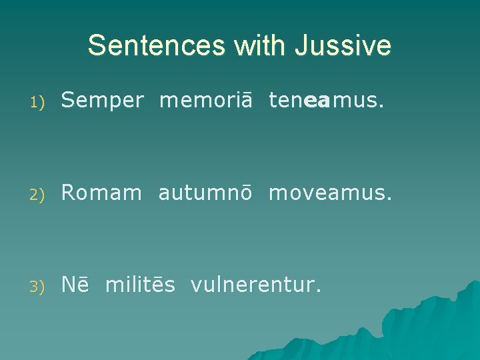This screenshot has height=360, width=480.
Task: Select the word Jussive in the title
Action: coord(343,45)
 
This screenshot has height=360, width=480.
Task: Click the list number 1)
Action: coord(37,102)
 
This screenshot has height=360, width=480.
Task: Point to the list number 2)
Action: coord(37,194)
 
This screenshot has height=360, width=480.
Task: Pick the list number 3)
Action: coord(37,286)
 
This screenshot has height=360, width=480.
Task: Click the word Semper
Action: coord(102,101)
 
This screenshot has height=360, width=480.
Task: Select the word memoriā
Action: coord(206,100)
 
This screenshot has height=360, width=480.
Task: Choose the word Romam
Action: coord(101,193)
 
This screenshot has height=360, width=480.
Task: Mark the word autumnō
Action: coord(205,193)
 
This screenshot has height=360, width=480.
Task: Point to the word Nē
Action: coord(75,285)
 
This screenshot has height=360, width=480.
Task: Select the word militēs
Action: coord(140,285)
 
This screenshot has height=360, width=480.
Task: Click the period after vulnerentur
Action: coord(319,291)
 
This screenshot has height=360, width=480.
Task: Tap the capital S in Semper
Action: coord(67,101)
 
